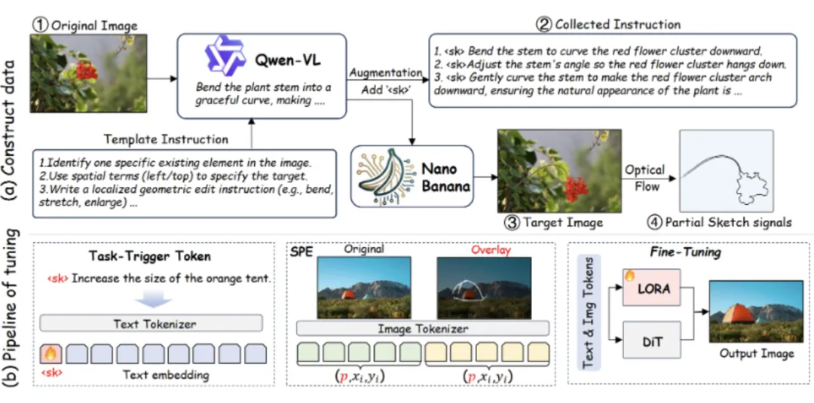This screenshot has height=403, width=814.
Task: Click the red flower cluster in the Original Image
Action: coord(86,70)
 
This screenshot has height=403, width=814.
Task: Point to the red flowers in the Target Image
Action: coord(574,188)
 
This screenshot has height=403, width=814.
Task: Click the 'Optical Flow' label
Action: coord(644,178)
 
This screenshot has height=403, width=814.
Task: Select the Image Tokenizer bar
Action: coord(423,328)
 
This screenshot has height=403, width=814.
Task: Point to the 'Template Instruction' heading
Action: coord(166,139)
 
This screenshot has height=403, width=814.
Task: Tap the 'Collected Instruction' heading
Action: coord(610,24)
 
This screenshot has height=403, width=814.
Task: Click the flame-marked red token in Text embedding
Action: coord(50,354)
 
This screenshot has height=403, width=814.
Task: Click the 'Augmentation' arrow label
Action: coord(384,72)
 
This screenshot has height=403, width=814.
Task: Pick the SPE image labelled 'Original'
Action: coord(363,288)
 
